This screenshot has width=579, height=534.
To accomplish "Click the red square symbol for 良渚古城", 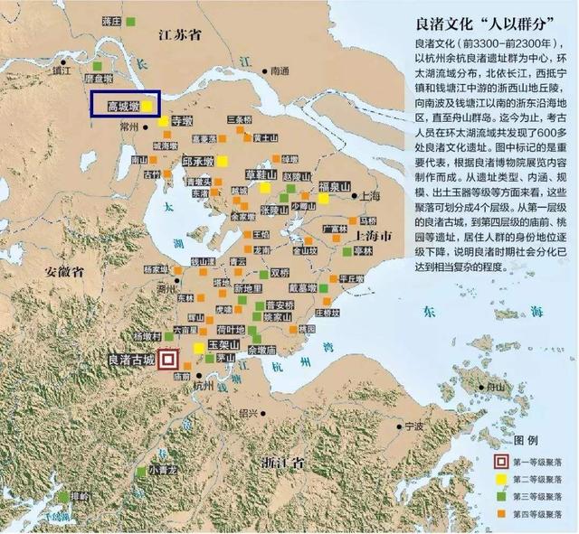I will (x=167, y=360).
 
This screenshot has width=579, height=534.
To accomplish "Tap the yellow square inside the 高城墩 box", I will (x=146, y=106).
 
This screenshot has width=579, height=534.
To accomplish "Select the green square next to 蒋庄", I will (x=133, y=21).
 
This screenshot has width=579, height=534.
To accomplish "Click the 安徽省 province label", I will (x=64, y=270).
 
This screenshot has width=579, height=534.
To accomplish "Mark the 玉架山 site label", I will (x=223, y=346).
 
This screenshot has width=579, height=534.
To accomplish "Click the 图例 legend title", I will (x=526, y=440).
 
